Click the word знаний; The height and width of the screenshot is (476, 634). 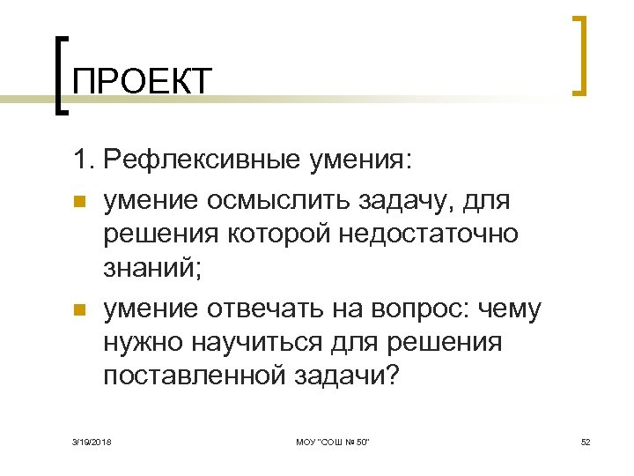[152, 268]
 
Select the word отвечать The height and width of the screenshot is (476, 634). [268, 309]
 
